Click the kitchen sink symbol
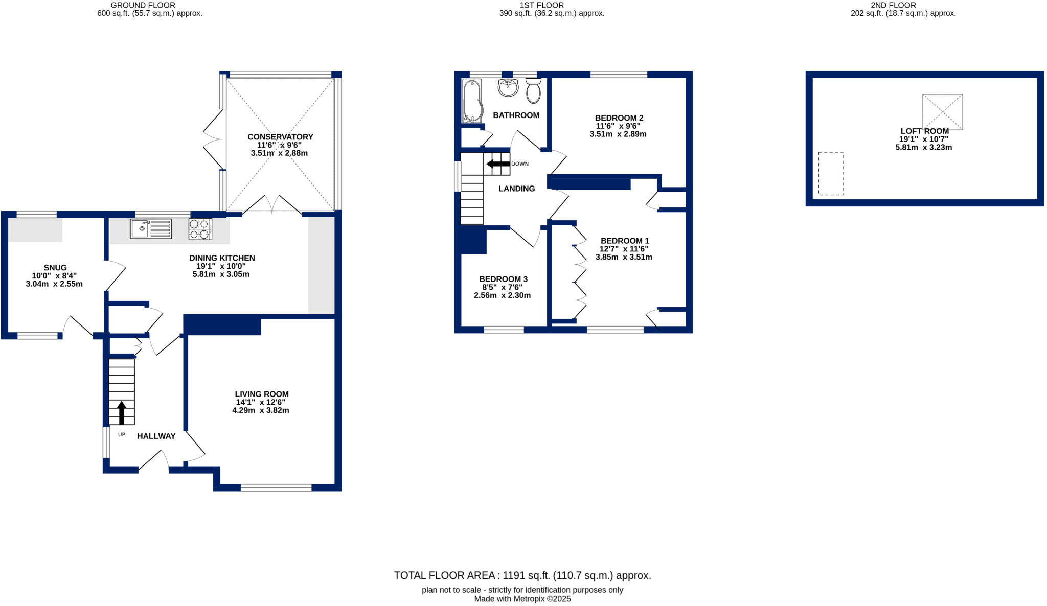click(151, 228)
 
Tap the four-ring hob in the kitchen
click(200, 228)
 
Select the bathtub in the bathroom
click(472, 101)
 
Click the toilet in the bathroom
click(533, 91)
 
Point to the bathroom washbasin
click(508, 87)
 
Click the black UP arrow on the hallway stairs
click(122, 412)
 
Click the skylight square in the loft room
click(942, 111)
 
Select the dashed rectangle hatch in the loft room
click(830, 173)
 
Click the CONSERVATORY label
click(280, 137)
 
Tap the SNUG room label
click(55, 268)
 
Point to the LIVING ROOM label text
click(262, 394)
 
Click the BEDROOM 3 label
click(503, 279)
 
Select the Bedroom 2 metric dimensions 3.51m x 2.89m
click(618, 134)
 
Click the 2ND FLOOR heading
click(903, 5)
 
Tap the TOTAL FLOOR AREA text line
click(522, 575)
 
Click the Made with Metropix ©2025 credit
click(522, 599)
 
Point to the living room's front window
click(276, 488)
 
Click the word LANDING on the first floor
click(516, 189)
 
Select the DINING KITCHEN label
click(222, 258)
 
